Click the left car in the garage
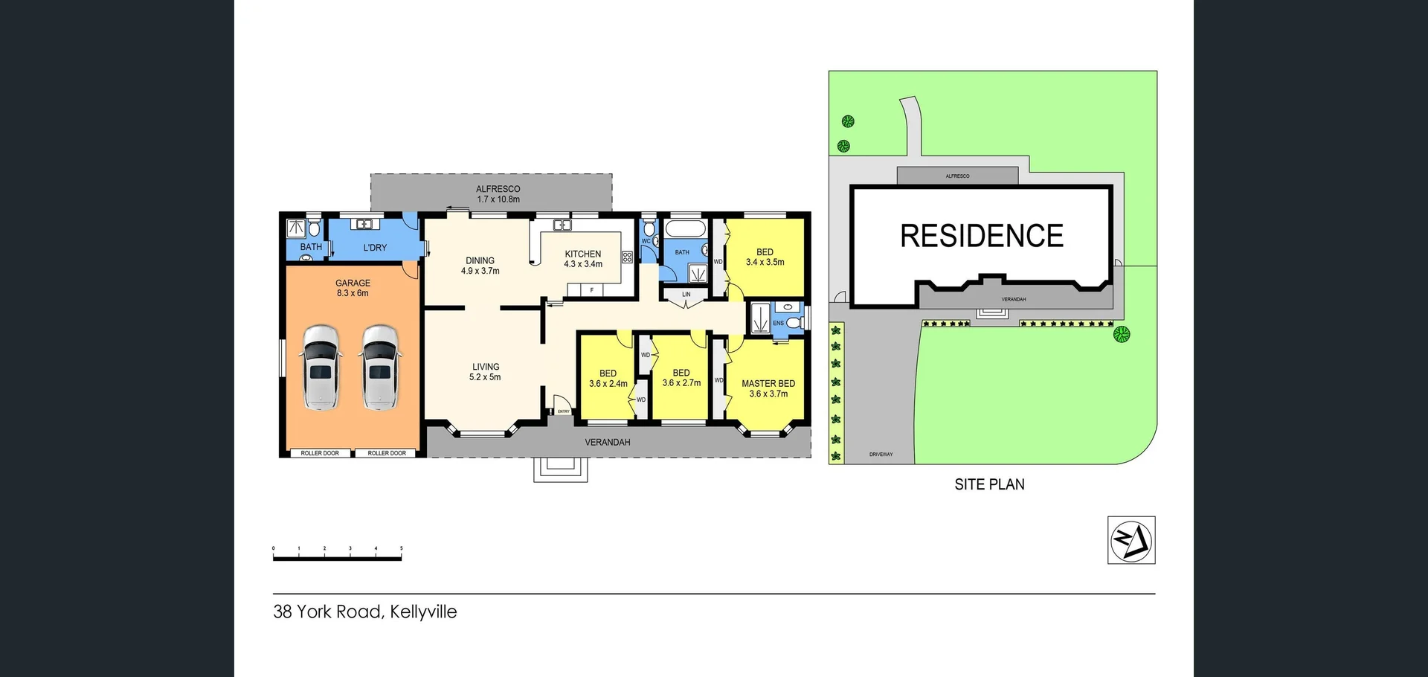321,368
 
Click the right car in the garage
380,368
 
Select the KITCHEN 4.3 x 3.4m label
583,259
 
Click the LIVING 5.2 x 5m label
485,372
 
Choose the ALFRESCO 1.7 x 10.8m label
498,194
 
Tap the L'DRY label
375,248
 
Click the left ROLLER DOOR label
320,453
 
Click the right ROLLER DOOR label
387,453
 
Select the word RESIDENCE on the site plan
982,236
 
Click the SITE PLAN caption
989,484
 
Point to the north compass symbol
1130,540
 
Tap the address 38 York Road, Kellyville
365,612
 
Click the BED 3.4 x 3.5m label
765,257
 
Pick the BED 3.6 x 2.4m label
608,379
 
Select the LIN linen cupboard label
686,295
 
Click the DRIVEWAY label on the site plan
881,455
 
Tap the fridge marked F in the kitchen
591,290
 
